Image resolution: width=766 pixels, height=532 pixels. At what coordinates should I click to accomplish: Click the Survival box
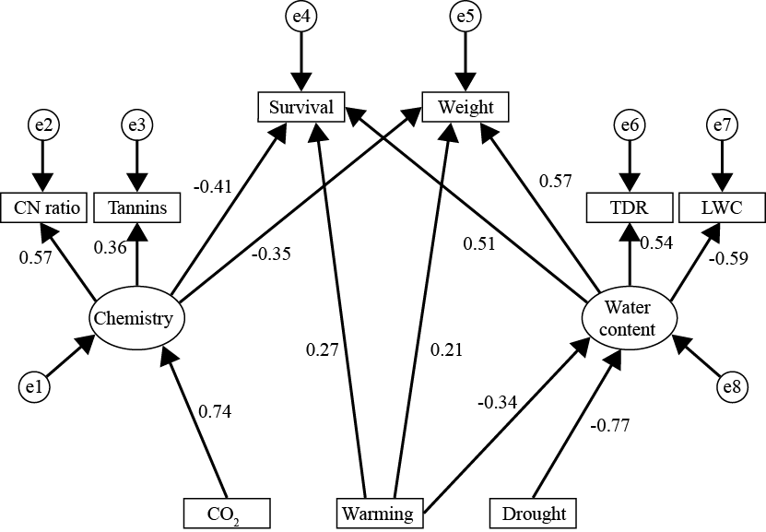301,107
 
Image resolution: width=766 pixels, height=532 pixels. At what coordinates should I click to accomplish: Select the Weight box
465,107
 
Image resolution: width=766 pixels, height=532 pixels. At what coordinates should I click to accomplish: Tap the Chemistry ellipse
138,319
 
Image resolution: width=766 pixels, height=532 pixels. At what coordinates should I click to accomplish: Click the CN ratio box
43,207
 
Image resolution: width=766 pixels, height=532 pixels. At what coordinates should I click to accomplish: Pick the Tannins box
136,207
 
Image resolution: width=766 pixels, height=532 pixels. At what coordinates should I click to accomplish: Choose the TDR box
630,207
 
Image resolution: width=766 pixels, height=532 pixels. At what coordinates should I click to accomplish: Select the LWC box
722,207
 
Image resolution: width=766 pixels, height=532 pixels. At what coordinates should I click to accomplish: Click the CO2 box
226,512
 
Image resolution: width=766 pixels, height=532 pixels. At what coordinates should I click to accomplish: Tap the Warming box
376,512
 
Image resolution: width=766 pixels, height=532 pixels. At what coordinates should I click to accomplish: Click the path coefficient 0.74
214,412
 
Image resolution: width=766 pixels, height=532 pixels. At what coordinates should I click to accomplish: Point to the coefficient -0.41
212,186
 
